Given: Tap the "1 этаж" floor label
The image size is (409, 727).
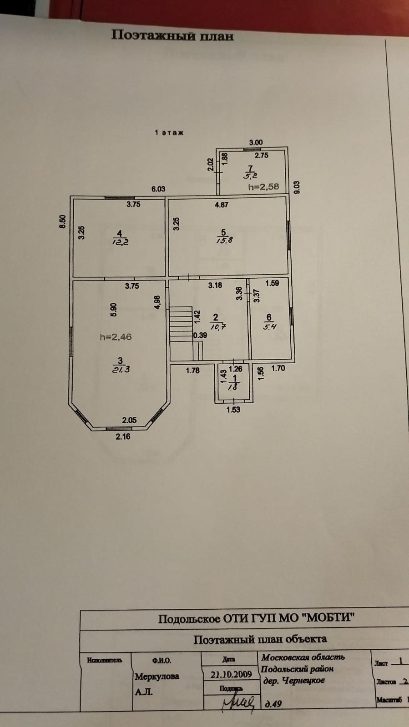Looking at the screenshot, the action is tap(169, 133).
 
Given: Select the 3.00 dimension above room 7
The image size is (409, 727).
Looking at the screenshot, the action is tap(256, 142).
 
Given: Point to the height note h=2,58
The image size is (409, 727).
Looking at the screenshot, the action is tap(263, 186).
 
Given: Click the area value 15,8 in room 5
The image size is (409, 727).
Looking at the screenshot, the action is tap(224, 241).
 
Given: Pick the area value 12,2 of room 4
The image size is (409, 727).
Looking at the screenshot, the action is tap(120, 242).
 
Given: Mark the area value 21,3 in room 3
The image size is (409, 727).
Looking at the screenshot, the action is tap(121, 369).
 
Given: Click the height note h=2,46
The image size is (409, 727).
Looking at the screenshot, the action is tap(116, 337).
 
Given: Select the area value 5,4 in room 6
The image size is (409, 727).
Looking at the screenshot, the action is tap(269, 326).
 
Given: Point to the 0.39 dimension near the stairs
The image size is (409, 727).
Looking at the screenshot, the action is tap(200, 336).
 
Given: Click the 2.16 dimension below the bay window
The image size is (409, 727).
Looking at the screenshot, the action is tap(123, 436).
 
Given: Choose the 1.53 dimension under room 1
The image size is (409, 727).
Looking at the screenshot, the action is tap(233, 410).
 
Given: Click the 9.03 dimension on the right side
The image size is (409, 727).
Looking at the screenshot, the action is tap(297, 187).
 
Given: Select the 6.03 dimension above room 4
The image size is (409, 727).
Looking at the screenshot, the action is tap(158, 189).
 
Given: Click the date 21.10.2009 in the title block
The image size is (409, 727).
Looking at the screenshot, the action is tap(231, 675).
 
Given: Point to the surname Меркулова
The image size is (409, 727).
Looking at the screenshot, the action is tap(157, 677).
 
